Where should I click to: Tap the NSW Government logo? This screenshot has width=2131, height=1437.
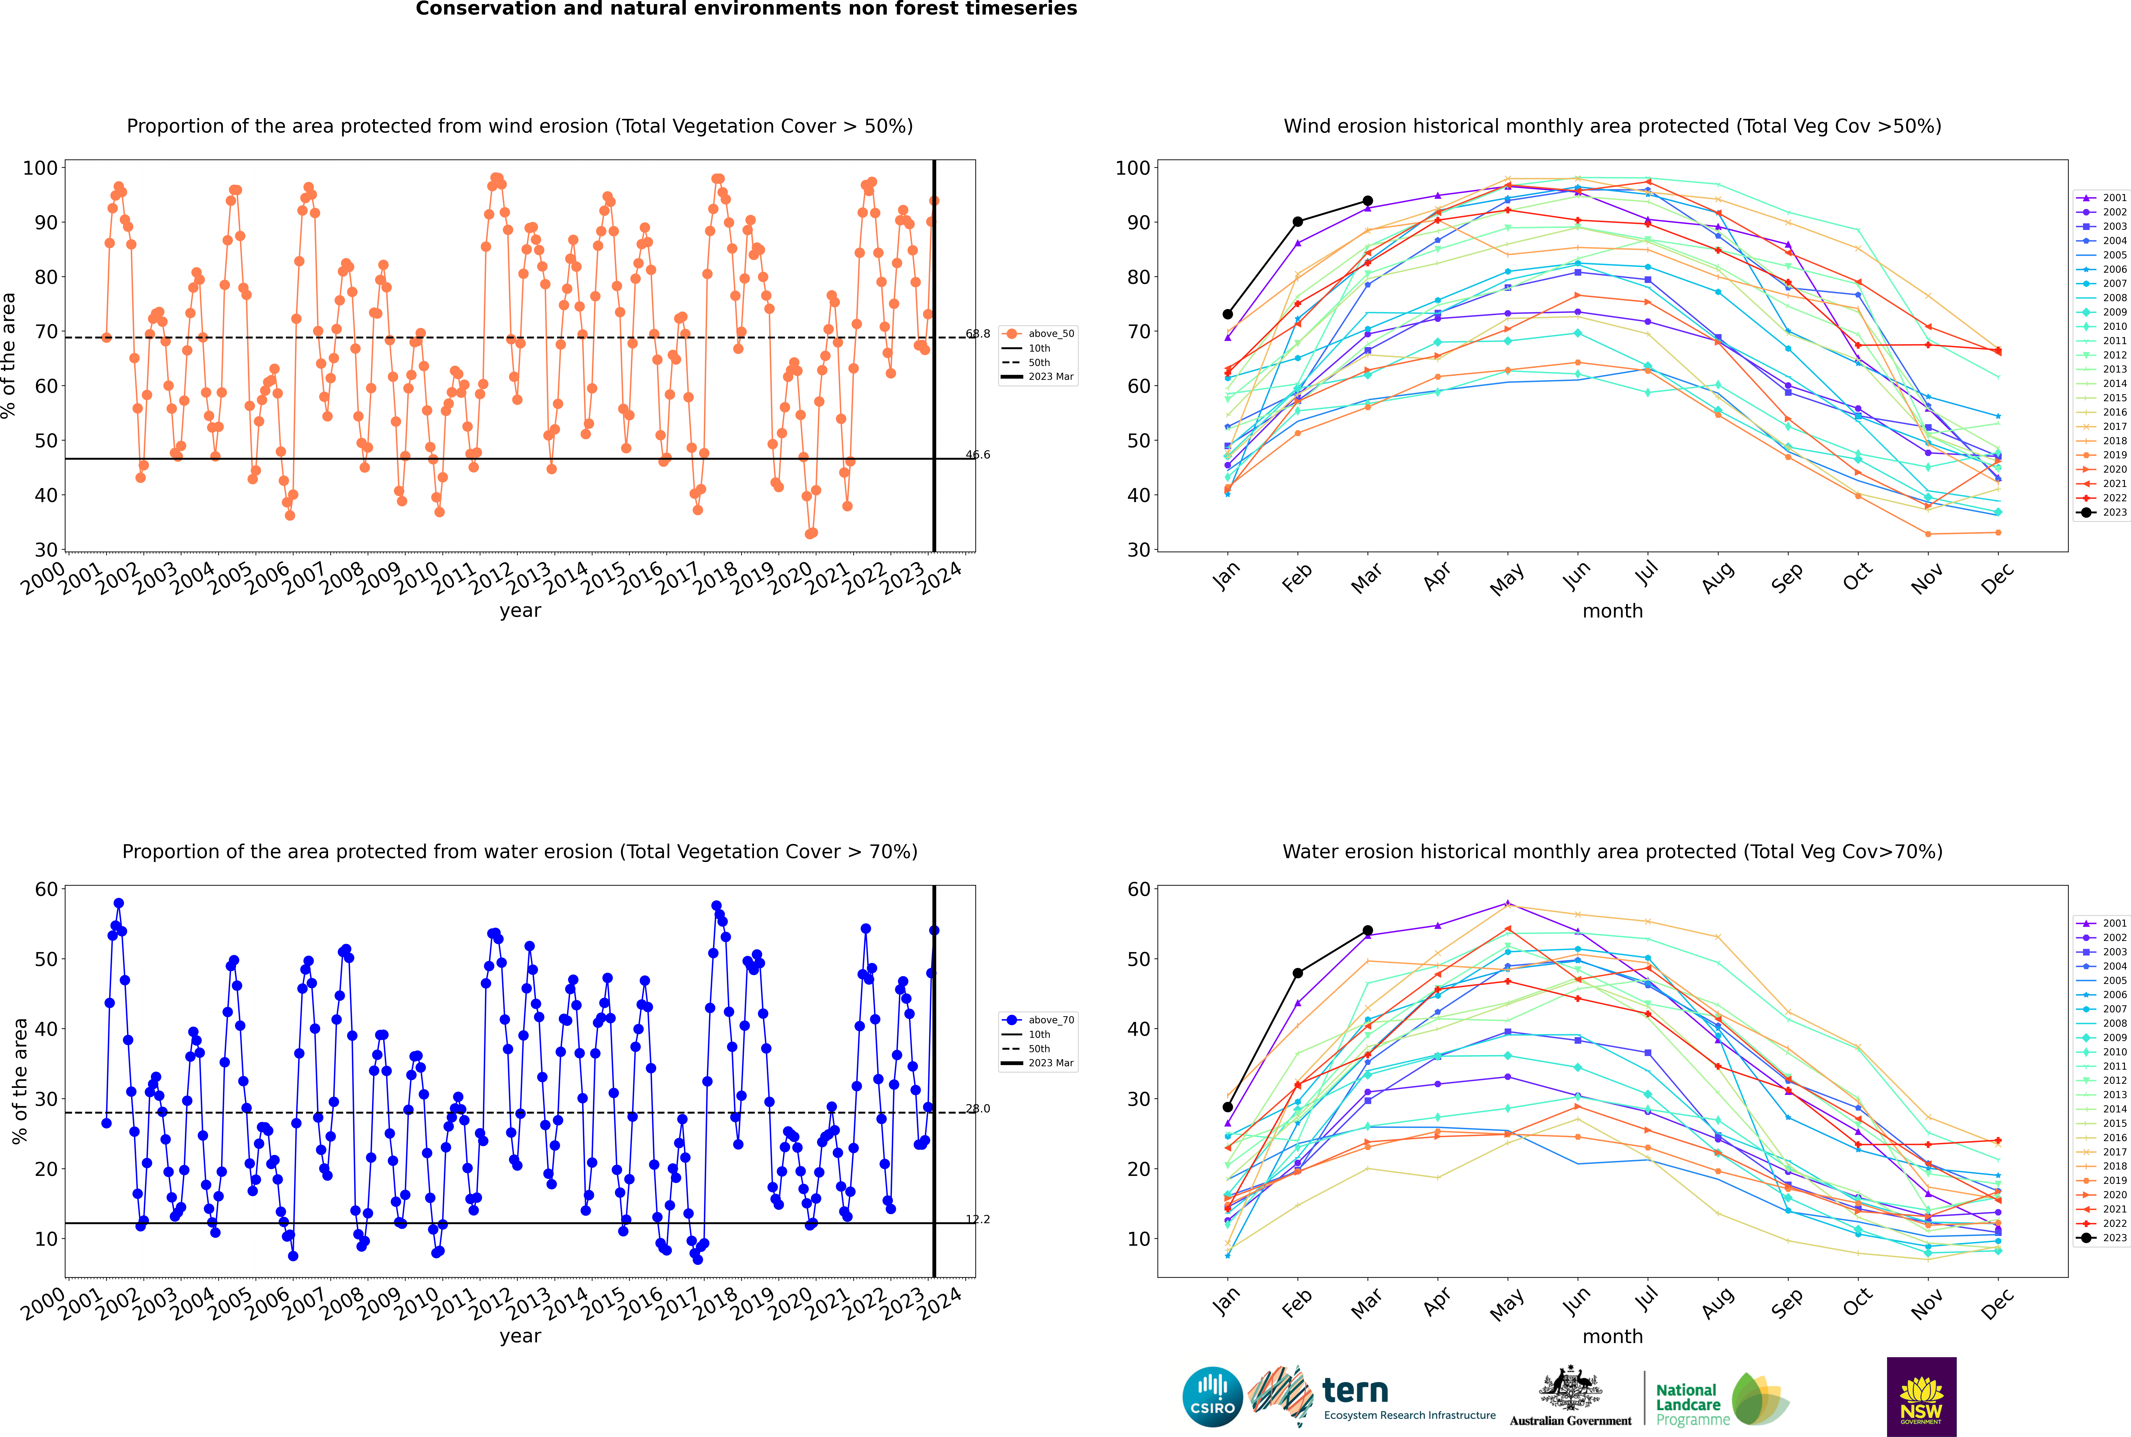1921,1396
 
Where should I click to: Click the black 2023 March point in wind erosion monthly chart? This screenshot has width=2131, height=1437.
1368,201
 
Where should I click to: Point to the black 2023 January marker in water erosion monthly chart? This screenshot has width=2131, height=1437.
1228,1107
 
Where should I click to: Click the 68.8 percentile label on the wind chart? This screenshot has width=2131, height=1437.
978,334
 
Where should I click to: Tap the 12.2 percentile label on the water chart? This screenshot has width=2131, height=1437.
978,1219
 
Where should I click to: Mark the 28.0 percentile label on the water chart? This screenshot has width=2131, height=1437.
978,1109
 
